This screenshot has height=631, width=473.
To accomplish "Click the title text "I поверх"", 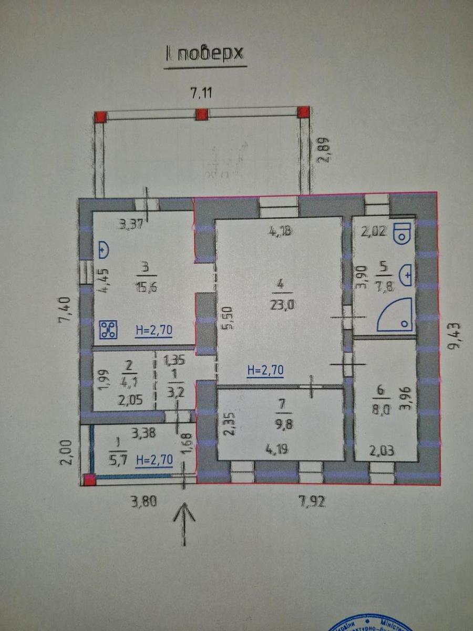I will pyautogui.click(x=205, y=54).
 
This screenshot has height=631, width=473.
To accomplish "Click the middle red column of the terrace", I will pyautogui.click(x=201, y=114).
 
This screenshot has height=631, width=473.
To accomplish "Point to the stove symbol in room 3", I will pyautogui.click(x=108, y=329).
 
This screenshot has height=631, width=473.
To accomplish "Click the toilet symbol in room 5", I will pyautogui.click(x=403, y=232).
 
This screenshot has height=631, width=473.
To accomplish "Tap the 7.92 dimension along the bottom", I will pyautogui.click(x=312, y=501).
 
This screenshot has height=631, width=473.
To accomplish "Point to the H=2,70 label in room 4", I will pyautogui.click(x=265, y=370).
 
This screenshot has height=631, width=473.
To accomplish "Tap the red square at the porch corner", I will pyautogui.click(x=89, y=479).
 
